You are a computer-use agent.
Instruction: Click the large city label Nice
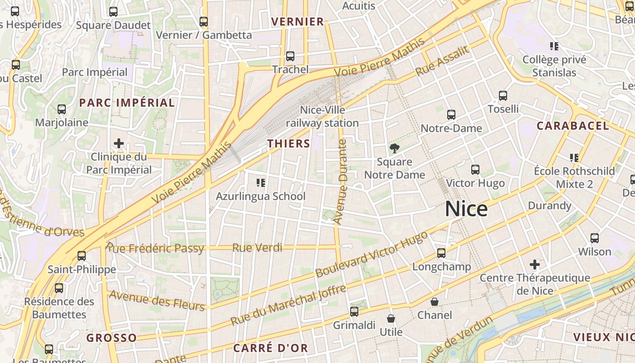coord(466,209)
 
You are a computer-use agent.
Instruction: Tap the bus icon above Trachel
coord(290,57)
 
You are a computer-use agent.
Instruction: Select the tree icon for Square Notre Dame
coord(394,148)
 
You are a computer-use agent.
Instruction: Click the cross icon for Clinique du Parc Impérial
coord(119,144)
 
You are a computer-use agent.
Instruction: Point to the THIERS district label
coord(288,144)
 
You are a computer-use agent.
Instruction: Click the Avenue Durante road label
coord(341,181)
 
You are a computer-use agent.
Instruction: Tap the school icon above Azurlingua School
coord(261,183)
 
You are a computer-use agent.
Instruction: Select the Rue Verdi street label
coord(257,248)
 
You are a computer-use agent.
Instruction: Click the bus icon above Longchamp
coord(441,253)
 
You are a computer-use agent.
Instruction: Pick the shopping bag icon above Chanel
coord(435,302)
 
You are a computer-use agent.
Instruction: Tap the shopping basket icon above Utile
coord(391,319)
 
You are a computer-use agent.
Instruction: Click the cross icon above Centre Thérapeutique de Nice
coord(535,264)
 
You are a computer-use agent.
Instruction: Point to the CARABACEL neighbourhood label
coord(573,126)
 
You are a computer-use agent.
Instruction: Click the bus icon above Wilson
coord(595,238)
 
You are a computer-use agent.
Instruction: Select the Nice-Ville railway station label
coord(322,117)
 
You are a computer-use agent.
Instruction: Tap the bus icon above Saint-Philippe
coord(82,256)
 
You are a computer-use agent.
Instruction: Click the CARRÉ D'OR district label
coord(270,348)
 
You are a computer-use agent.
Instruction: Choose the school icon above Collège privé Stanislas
coord(554,46)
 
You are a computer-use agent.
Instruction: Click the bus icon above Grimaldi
coord(354,312)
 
